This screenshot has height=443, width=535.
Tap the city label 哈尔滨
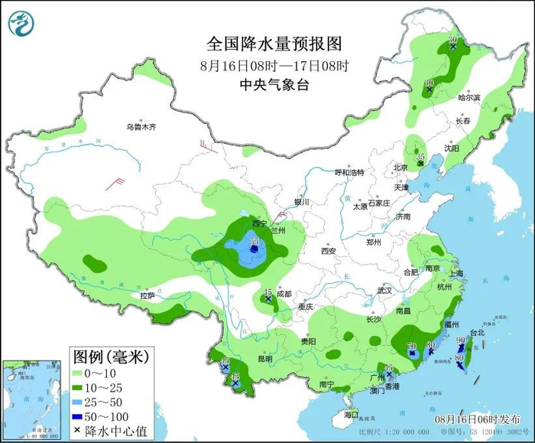pos(469,98)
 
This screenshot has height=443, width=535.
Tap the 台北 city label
pos(477,333)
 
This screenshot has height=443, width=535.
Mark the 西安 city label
pos(329,250)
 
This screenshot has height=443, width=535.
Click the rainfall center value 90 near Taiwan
pos(460,340)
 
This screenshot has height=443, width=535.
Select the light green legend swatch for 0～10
pos(83,372)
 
